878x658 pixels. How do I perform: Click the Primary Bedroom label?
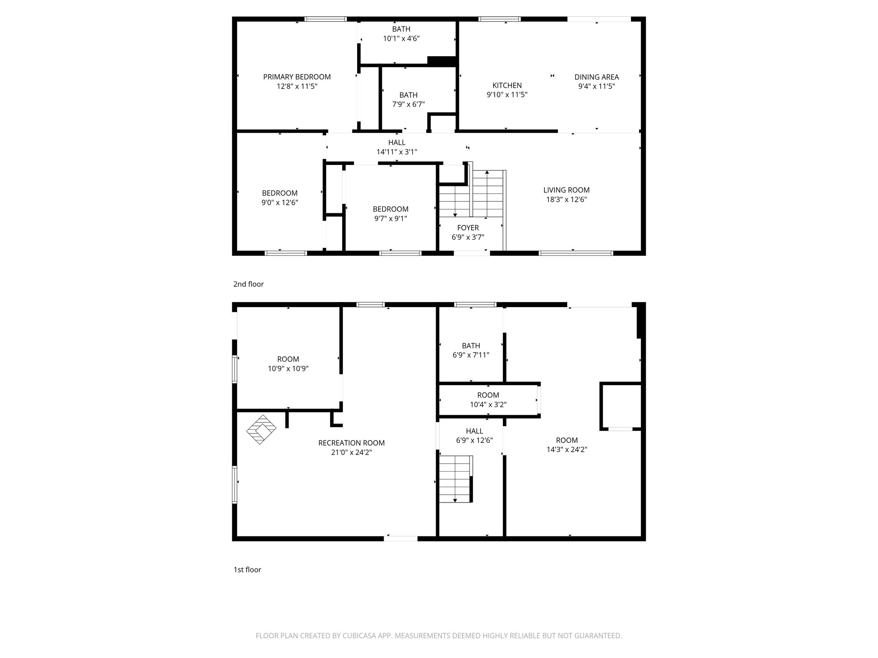coord(297,77)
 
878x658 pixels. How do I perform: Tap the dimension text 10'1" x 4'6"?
coord(401,39)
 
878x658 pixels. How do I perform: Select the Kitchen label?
coord(507,85)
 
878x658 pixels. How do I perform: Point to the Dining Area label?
coord(596,77)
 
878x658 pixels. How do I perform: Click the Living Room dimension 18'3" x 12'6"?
coord(566,199)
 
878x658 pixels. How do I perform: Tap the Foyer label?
coord(468,228)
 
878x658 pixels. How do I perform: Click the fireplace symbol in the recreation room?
coord(261,429)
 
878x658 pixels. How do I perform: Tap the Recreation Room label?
coord(351,443)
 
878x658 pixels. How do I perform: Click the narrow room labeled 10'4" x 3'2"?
coord(488,400)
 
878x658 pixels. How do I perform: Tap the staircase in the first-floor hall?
coord(455,479)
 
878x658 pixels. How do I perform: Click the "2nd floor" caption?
coord(248,284)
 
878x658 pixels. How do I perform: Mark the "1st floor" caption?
coord(247,570)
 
